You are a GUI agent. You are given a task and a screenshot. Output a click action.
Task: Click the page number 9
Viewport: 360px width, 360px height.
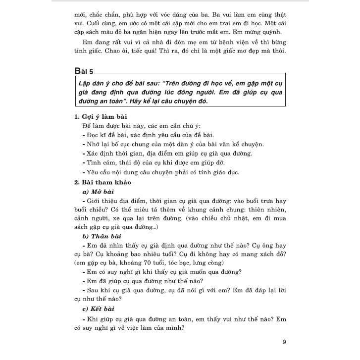284,342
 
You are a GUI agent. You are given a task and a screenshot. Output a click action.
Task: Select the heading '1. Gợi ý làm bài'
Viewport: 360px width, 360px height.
99,117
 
